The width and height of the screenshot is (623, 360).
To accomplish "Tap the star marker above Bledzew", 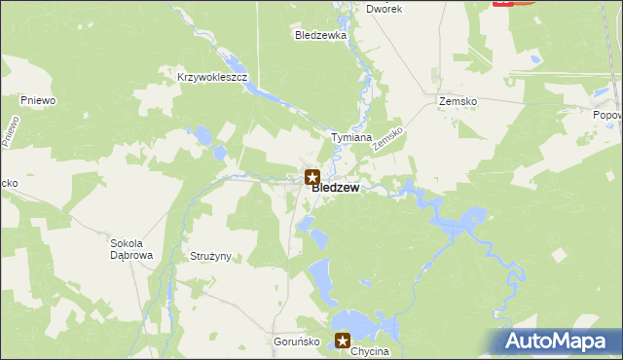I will click(x=311, y=177).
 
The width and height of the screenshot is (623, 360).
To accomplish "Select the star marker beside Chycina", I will click(x=343, y=341).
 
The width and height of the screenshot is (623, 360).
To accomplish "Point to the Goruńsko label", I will click(x=291, y=343).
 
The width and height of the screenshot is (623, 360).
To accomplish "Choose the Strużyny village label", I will click(x=207, y=257).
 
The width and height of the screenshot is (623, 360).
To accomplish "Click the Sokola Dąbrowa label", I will click(x=131, y=249).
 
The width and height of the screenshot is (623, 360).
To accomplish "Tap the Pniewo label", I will click(x=37, y=99).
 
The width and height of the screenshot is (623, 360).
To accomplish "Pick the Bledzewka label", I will click(x=321, y=35).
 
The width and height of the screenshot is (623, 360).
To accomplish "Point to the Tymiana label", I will click(x=351, y=137).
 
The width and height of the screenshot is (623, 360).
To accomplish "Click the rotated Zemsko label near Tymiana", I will click(x=388, y=136).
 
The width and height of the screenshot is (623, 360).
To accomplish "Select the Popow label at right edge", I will click(x=607, y=115).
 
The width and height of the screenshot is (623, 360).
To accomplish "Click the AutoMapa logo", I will click(x=558, y=342).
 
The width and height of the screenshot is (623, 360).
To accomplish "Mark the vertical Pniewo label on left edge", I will click(x=11, y=131).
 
